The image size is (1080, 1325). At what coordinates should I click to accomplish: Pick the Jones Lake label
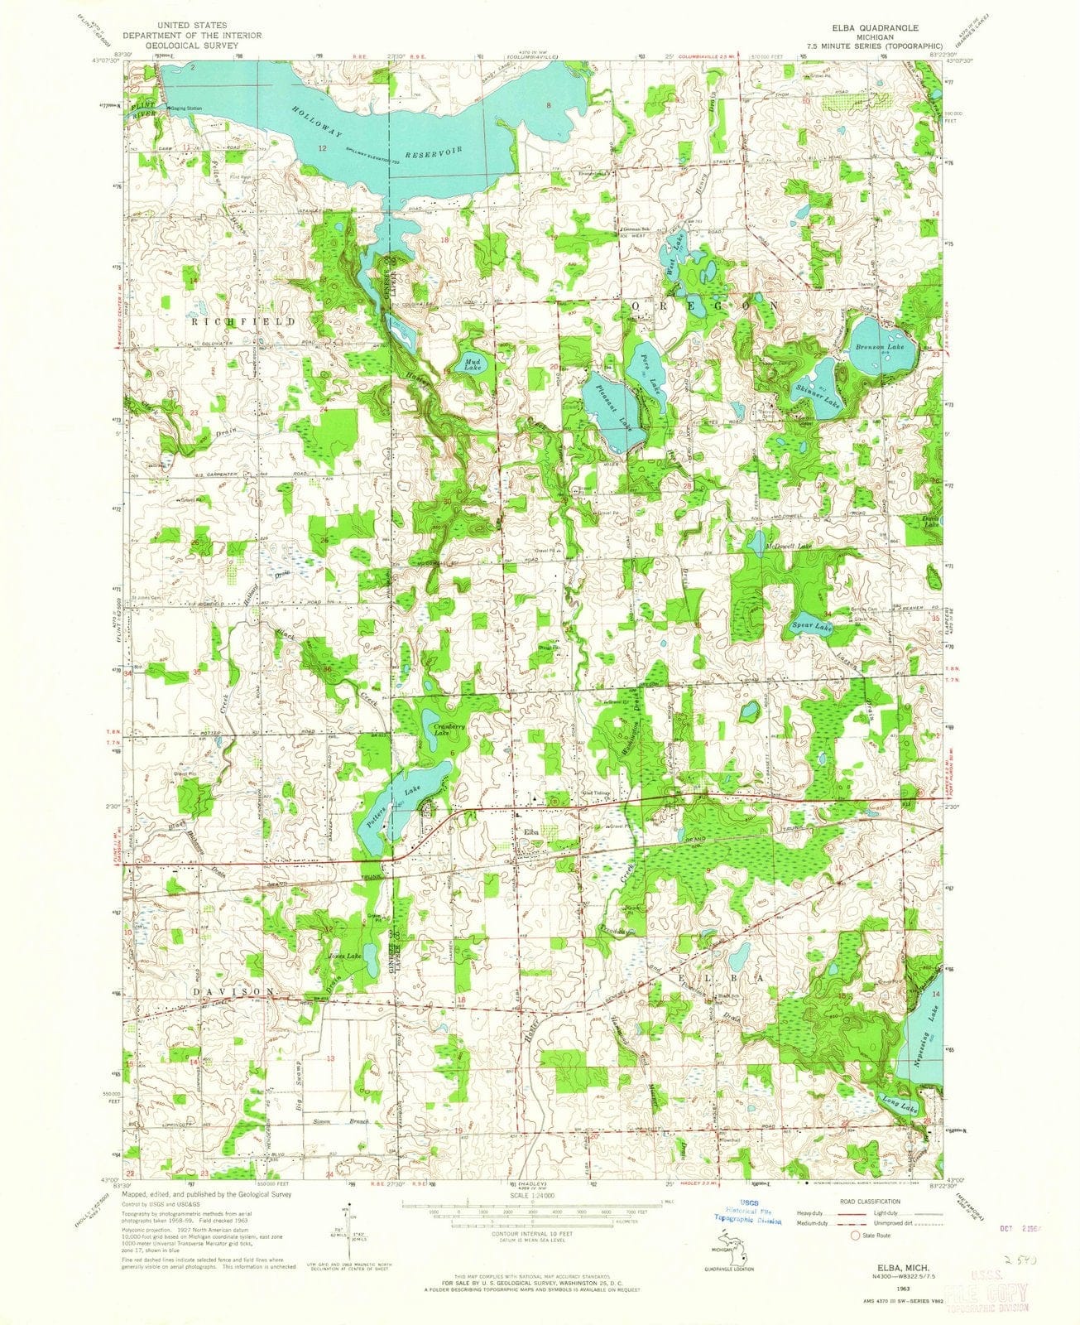pos(345,956)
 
